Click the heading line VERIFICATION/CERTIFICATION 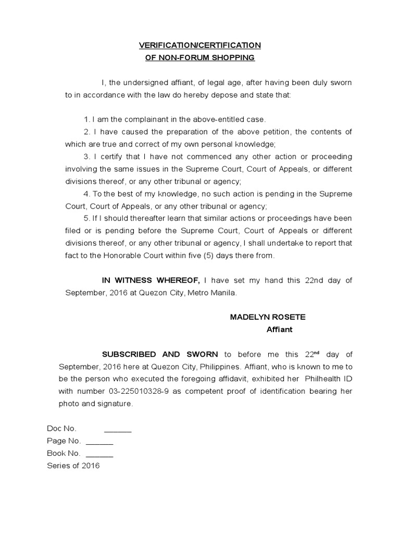point(200,45)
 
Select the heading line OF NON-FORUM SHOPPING point(200,57)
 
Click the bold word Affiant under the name point(279,329)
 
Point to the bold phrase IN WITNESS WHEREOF point(151,280)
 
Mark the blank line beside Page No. point(99,442)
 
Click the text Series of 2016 point(73,466)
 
